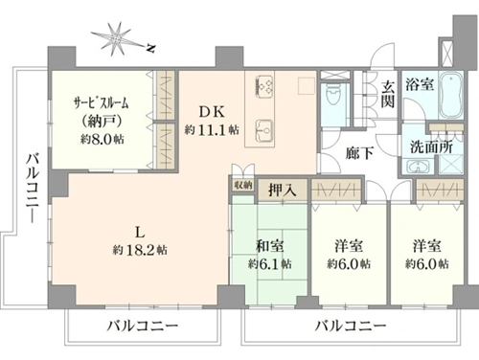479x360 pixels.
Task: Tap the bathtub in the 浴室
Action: [451, 95]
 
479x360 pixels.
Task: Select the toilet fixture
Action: [332, 95]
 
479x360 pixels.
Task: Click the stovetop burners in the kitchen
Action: [265, 85]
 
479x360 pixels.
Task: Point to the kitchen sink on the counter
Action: [265, 130]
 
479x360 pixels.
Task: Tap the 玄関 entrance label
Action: [388, 95]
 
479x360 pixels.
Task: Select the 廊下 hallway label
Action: [360, 153]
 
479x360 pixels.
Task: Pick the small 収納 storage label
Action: [243, 186]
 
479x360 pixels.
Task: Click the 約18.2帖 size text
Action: [140, 250]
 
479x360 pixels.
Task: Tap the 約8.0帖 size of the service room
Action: [103, 139]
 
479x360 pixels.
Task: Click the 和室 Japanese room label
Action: [270, 246]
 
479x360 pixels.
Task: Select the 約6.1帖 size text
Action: [270, 264]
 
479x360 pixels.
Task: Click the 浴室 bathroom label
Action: [420, 84]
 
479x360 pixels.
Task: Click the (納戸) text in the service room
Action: [103, 121]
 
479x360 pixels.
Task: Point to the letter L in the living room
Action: [140, 233]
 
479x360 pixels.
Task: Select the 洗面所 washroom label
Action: [431, 147]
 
